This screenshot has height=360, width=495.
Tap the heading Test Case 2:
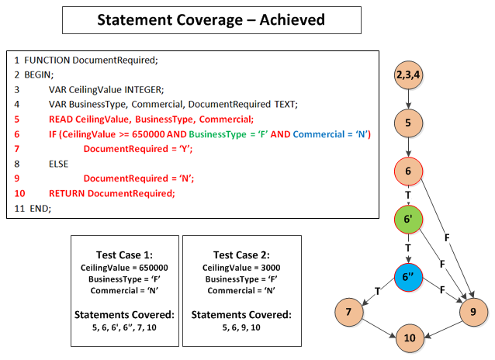pos(241,255)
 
